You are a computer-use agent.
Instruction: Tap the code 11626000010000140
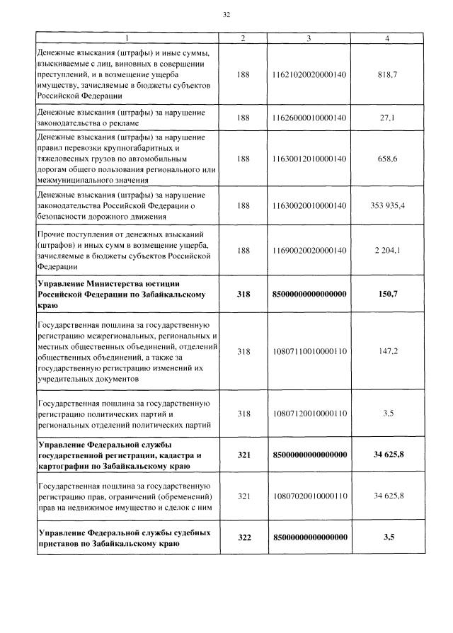tap(309, 118)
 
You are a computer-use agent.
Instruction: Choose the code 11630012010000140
tap(309, 159)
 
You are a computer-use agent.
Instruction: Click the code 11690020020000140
tap(309, 250)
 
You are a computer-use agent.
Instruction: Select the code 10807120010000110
tap(309, 413)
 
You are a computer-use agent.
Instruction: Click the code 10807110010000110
tap(309, 350)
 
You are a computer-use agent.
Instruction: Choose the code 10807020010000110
tap(309, 496)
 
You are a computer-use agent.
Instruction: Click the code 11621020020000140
tap(309, 73)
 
